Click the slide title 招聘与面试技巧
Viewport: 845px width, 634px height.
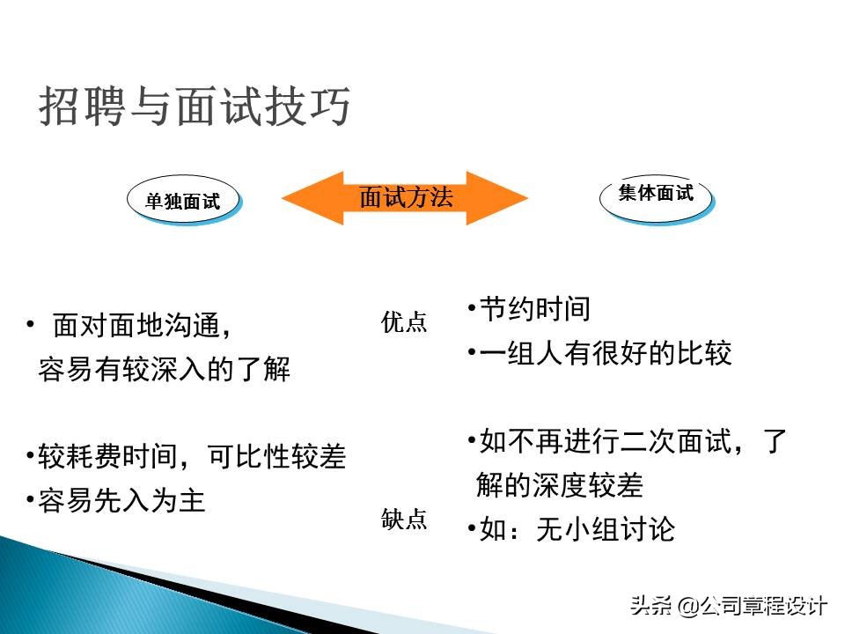(195, 107)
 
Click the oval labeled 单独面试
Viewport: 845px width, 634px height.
(183, 201)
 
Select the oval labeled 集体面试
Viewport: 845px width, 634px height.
(656, 193)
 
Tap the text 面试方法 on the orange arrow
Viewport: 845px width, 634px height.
(406, 197)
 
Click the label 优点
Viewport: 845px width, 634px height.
(404, 323)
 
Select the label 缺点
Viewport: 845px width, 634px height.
(404, 520)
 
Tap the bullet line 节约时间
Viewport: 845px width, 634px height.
(528, 309)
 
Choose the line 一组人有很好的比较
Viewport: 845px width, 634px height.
(599, 354)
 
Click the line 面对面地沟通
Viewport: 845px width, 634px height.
(141, 326)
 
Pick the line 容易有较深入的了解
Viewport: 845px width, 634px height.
(164, 370)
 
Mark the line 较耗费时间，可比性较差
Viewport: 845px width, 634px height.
(186, 457)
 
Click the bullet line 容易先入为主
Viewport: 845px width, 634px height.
(115, 501)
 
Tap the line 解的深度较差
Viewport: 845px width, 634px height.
(560, 485)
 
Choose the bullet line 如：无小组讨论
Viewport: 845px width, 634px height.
(571, 529)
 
